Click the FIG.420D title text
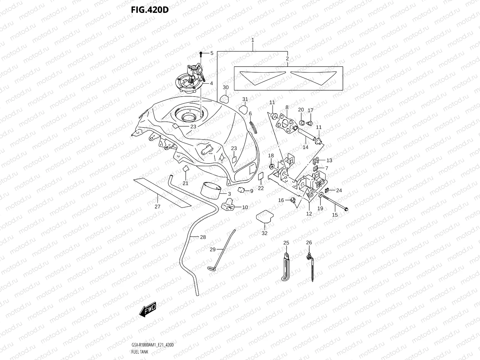point(150,10)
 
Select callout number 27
point(157,206)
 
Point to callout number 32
point(264,233)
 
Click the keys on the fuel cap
point(195,70)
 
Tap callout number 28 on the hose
point(203,237)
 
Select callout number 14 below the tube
point(305,147)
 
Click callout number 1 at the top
point(253,40)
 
